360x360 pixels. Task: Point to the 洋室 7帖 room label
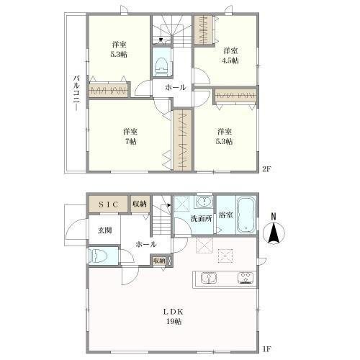point(130,136)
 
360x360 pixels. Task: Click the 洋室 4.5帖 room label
point(230,55)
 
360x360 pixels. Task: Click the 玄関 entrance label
point(105,230)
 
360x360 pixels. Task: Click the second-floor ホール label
point(175,87)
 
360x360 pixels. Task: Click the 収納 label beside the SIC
point(140,204)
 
